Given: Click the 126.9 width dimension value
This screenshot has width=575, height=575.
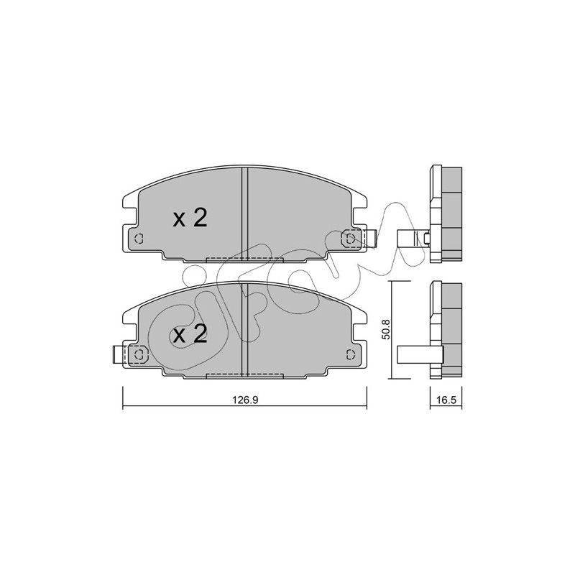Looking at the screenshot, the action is [x=245, y=400].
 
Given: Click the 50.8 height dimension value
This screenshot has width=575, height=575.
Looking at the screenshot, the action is [x=386, y=329].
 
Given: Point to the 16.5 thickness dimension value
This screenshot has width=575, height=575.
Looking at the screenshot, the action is [x=446, y=400].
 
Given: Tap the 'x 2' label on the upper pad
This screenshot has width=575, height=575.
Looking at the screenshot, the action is [x=190, y=218].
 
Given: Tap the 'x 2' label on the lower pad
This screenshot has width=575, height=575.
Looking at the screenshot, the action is [x=190, y=334].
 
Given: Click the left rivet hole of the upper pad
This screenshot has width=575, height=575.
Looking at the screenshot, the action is [x=139, y=239].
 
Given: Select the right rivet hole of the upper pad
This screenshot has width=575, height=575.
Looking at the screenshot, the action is [x=351, y=239].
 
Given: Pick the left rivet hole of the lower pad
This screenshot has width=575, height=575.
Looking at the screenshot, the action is [x=139, y=354].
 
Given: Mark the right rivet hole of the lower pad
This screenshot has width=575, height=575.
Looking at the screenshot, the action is [x=351, y=354].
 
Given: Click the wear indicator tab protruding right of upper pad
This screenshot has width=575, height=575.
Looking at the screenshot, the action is [x=371, y=239].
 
